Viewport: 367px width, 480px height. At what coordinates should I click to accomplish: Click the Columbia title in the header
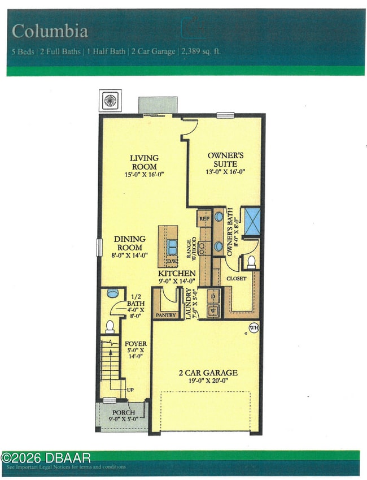[x=50, y=31]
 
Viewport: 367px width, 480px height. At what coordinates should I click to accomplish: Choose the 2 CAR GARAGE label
[x=208, y=373]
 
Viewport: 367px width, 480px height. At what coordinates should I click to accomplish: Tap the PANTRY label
[x=165, y=314]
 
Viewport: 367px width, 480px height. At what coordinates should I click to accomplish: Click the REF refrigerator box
[x=204, y=217]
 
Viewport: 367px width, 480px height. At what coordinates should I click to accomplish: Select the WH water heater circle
[x=254, y=326]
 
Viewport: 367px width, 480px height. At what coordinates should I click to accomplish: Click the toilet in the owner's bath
[x=251, y=261]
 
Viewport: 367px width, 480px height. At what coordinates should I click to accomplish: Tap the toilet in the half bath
[x=111, y=326]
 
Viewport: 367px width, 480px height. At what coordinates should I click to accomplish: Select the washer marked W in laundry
[x=213, y=310]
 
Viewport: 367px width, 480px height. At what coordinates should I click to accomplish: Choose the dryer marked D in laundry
[x=213, y=296]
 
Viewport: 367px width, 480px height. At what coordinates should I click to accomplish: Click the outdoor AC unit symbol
[x=110, y=100]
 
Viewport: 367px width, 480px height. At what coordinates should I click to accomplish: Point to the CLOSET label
[x=237, y=279]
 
